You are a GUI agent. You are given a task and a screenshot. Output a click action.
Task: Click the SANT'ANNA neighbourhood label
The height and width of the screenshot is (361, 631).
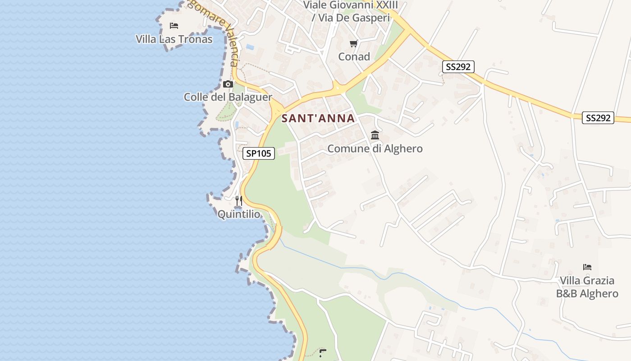pyautogui.click(x=318, y=118)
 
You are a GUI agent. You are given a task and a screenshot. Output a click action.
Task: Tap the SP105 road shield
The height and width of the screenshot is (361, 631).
pyautogui.click(x=259, y=153)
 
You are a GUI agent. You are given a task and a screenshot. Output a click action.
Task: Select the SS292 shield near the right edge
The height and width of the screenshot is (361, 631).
pyautogui.click(x=598, y=118)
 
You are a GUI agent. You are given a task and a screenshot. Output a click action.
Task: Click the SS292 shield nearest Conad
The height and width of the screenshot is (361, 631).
pyautogui.click(x=458, y=67)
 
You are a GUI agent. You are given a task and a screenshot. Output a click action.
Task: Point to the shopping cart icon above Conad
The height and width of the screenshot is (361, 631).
pyautogui.click(x=354, y=43)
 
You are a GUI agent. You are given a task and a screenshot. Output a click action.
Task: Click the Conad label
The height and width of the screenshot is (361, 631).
pyautogui.click(x=354, y=57)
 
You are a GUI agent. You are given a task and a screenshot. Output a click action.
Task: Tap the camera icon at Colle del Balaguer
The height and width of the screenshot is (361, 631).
pyautogui.click(x=228, y=84)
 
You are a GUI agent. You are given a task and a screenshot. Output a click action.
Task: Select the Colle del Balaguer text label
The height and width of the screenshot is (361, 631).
pyautogui.click(x=228, y=97)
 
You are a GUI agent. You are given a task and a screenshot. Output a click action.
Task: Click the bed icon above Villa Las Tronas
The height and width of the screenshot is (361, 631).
pyautogui.click(x=174, y=26)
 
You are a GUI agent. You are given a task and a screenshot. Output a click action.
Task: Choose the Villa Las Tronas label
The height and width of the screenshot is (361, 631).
pyautogui.click(x=174, y=39)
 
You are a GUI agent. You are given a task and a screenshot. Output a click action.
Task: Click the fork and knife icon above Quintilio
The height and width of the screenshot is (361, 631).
pyautogui.click(x=239, y=200)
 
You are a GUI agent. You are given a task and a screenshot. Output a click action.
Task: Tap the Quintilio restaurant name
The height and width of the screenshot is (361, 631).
pyautogui.click(x=239, y=214)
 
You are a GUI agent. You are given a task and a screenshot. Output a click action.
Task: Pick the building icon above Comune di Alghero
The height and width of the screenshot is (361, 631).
pyautogui.click(x=375, y=135)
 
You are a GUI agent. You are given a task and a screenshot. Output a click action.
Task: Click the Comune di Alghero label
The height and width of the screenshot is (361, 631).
pyautogui.click(x=375, y=148)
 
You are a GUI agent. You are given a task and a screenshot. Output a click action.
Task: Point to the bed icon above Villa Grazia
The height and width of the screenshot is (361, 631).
pyautogui.click(x=587, y=267)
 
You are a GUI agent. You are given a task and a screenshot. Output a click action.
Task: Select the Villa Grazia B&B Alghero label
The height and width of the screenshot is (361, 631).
pyautogui.click(x=587, y=287)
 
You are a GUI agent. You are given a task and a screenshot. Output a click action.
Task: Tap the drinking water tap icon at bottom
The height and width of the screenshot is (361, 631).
pyautogui.click(x=322, y=352)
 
